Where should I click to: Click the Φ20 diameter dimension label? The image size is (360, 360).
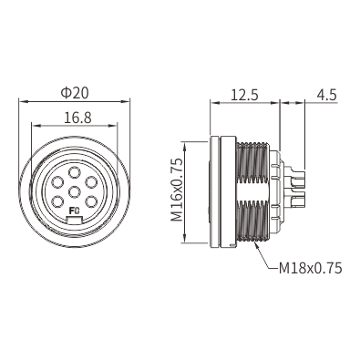click(x=75, y=93)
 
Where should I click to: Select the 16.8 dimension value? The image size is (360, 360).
click(x=77, y=118)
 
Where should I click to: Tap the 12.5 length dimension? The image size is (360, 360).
click(x=244, y=95)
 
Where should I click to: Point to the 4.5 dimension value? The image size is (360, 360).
click(x=327, y=95)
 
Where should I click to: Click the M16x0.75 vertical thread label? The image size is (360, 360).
click(x=177, y=190)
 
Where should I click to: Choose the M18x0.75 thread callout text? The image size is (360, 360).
click(x=310, y=268)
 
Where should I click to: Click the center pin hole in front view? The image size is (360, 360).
click(x=75, y=191)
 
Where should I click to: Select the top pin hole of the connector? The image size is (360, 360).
click(x=75, y=173)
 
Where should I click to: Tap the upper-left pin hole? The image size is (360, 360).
click(x=57, y=182)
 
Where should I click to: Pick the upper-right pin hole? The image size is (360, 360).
click(x=91, y=182)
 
